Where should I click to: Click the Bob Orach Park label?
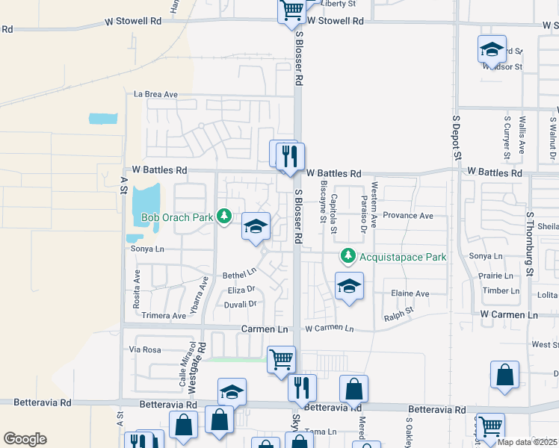tap(176, 218)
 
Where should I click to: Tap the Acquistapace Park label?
tap(403, 257)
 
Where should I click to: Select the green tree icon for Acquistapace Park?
tap(348, 256)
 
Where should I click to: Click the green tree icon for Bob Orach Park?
tap(223, 217)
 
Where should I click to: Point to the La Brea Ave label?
tap(155, 95)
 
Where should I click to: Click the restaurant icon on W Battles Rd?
tap(290, 157)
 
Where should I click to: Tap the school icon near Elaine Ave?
tap(349, 286)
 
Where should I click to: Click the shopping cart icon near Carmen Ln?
tap(281, 359)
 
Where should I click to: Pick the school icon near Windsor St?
tap(492, 49)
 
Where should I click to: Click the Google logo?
tap(25, 438)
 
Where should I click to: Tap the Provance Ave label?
tap(408, 216)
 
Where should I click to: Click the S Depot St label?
tap(456, 137)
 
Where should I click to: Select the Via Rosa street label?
tap(145, 349)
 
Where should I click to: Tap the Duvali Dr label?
tap(241, 304)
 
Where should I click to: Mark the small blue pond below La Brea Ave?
tap(103, 118)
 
